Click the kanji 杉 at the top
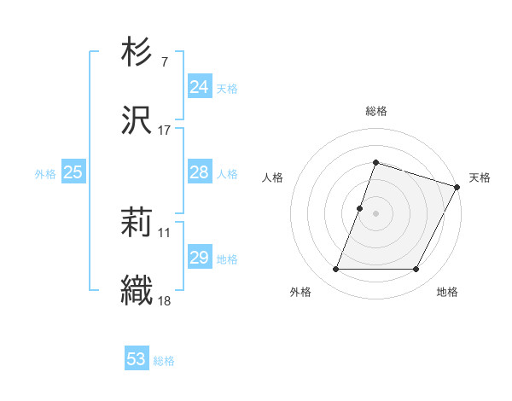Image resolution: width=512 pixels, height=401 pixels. [137, 53]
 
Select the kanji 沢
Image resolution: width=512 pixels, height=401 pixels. [137, 121]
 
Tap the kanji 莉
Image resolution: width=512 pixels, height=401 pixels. [137, 224]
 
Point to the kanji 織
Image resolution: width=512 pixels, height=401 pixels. [137, 291]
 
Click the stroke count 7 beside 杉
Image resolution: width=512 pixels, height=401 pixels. [164, 62]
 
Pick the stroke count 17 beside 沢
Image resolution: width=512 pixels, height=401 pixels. [165, 131]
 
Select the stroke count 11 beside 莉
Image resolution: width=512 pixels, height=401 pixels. [165, 232]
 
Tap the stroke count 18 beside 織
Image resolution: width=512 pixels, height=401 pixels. [165, 300]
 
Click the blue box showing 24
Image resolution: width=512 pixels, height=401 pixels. [199, 87]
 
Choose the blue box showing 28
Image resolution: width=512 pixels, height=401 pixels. [199, 172]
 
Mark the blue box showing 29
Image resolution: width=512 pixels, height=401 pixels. [199, 258]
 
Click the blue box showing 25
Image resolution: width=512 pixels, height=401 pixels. [73, 172]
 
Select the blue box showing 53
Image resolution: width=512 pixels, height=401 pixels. [136, 359]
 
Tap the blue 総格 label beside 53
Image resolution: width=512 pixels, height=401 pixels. [164, 361]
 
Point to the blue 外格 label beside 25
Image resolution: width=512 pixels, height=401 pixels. [45, 174]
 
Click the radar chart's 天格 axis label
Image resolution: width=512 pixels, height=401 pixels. [480, 177]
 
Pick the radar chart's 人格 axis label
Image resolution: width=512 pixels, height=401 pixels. [272, 177]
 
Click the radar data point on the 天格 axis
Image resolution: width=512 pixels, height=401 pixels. [457, 186]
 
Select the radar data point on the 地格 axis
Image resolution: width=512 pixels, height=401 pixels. [416, 270]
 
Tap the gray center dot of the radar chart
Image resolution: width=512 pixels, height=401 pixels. [375, 213]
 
